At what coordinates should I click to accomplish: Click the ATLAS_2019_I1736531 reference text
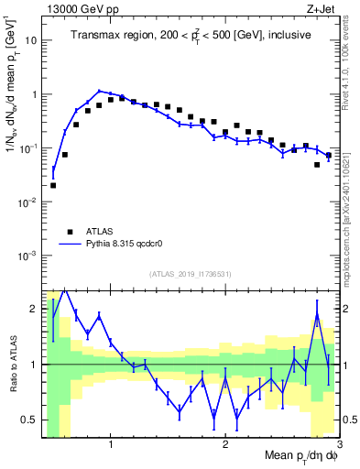[191, 274]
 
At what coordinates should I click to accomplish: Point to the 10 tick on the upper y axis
[32, 41]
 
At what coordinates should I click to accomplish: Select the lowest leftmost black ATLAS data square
[53, 185]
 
